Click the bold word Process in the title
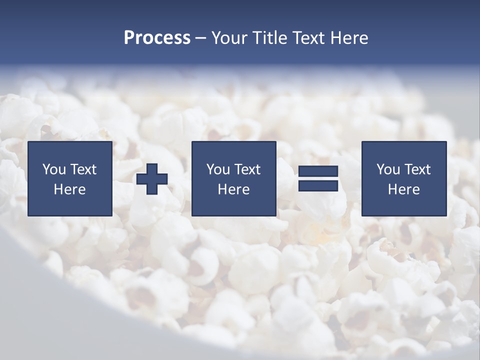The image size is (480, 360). (x=157, y=38)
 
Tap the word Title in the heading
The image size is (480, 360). (x=269, y=38)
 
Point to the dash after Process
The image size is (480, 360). (x=200, y=38)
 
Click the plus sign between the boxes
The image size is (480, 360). (x=152, y=179)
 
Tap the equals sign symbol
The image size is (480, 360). (x=318, y=178)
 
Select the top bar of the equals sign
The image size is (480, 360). (x=318, y=171)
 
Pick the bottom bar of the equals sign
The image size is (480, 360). (x=318, y=185)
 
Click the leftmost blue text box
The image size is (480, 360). (x=70, y=178)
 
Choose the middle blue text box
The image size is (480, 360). (x=233, y=178)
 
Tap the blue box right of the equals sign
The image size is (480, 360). (x=403, y=178)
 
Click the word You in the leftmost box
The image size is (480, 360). (x=54, y=169)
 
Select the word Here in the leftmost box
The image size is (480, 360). (x=70, y=189)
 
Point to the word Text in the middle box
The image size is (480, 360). (x=247, y=169)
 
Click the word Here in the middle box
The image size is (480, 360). (x=233, y=189)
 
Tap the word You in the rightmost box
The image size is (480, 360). (x=388, y=169)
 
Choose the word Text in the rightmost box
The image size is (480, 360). (x=417, y=169)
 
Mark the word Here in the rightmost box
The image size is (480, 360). (x=403, y=189)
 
